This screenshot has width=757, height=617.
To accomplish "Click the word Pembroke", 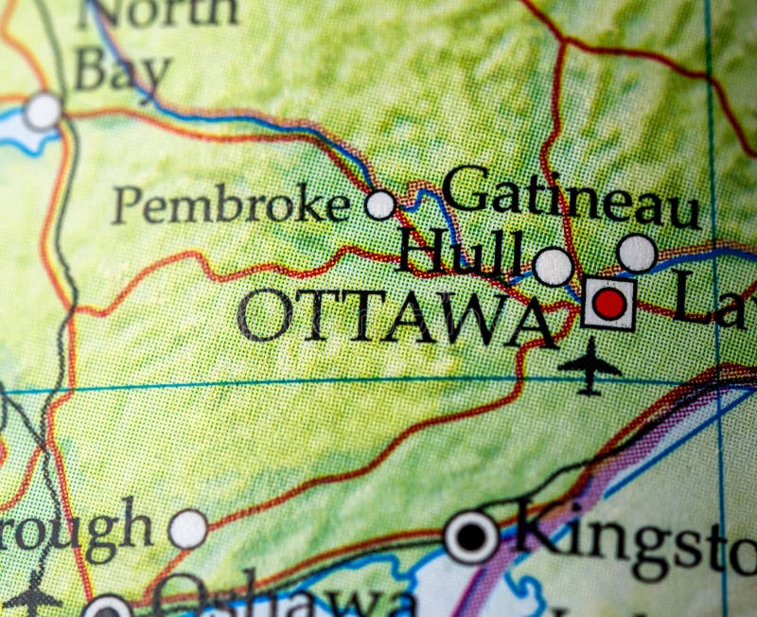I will click(230, 205).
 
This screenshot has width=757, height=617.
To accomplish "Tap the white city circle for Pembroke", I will click(380, 204).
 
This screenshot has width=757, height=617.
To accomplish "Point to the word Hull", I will click(459, 253).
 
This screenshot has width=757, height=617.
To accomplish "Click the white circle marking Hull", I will click(553, 267).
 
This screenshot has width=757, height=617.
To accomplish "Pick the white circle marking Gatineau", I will click(637, 253).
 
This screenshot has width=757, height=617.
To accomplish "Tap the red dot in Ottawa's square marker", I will click(609, 304).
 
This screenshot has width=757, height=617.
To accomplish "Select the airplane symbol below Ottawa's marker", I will click(589, 366).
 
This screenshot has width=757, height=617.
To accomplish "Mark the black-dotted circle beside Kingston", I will click(471, 538).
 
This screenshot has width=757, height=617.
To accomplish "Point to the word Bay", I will click(123, 72).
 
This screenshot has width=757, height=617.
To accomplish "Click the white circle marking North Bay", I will click(43, 112).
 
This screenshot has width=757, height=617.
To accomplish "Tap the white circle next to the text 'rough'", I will click(188, 529).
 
